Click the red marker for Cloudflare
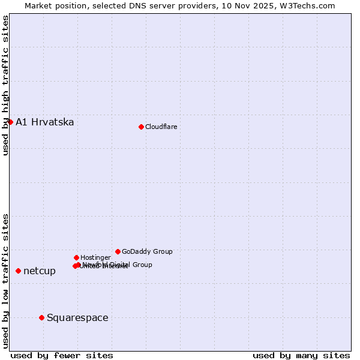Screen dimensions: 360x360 (141, 127)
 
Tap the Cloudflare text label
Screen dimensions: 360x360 (161, 127)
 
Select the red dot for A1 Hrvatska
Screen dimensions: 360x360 (10, 122)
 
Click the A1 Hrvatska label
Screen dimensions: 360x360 (44, 122)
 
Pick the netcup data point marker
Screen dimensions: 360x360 (18, 271)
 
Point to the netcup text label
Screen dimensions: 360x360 (40, 271)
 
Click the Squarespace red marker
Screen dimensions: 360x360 (41, 317)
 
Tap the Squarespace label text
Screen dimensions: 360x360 (77, 318)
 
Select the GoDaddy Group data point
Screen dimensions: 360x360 (118, 251)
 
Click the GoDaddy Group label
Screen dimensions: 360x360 (147, 251)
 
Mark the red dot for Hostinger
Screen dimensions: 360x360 (76, 257)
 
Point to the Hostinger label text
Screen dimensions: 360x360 (95, 257)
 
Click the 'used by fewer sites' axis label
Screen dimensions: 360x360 (62, 355)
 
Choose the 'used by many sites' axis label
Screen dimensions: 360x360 (301, 355)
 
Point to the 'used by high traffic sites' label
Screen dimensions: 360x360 (5, 85)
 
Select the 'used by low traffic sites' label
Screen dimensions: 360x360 (5, 280)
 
